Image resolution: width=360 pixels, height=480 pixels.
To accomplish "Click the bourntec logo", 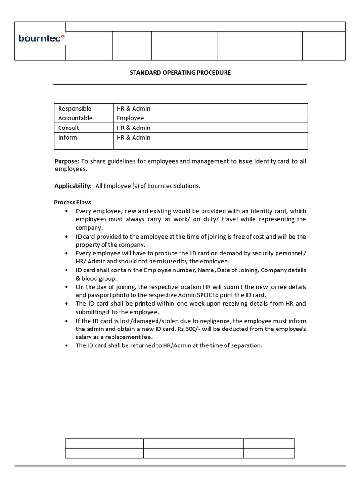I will coord(41,38).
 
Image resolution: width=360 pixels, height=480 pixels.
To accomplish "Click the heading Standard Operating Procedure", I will coord(180,73).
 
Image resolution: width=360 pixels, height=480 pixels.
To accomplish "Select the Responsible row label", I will coord(75,108).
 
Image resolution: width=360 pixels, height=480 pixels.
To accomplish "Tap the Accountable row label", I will coord(75,118).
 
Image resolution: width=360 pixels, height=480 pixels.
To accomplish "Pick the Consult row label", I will coord(68,128).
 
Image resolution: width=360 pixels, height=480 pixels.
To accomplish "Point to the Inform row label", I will coord(67,138).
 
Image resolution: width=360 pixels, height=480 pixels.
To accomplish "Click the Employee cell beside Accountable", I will coord(130,118).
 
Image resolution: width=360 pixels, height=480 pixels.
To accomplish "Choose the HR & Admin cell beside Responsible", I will coord(134,108).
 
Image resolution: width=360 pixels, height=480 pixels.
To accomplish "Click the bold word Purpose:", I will coord(67,161).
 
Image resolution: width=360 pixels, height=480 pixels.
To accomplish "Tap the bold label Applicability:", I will coord(73,186).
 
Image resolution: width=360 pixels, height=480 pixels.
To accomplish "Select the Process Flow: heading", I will coord(73,202).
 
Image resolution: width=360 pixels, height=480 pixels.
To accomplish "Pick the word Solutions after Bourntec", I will coord(187,186).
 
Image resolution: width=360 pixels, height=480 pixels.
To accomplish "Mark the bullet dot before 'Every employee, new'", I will coord(66,211).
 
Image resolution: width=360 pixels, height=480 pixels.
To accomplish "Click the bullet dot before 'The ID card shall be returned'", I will coord(66,346).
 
